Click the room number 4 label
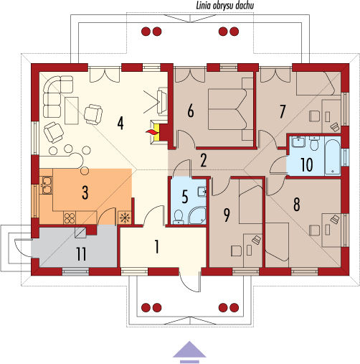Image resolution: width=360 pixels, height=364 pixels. tap(120, 123)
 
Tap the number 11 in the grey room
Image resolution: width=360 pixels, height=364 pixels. tap(81, 254)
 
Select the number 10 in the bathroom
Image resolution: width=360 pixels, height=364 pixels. tap(307, 164)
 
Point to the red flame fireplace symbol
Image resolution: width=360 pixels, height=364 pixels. tap(151, 132)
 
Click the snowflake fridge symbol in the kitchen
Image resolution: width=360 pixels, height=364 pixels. tap(125, 218)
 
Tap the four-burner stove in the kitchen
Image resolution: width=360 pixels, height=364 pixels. tap(70, 218)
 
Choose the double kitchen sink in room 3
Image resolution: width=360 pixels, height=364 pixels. tap(46, 185)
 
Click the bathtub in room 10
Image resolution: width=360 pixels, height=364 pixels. tap(333, 157)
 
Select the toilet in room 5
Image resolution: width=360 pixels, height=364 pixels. tap(178, 217)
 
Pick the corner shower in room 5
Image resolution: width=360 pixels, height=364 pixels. tap(198, 215)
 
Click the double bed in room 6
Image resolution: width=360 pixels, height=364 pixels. tap(228, 109)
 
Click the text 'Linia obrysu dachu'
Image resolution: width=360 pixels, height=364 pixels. tap(225, 6)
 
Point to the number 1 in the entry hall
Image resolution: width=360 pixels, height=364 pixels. tap(157, 247)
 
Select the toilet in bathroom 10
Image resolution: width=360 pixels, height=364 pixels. tap(314, 144)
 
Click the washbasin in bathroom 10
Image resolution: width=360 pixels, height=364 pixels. tap(298, 142)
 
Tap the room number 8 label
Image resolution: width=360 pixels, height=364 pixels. tap(296, 205)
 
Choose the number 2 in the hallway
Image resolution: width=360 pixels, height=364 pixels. tap(204, 161)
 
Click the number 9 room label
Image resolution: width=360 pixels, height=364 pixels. tap(227, 215)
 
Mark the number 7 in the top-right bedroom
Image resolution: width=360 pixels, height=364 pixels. tap(283, 112)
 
